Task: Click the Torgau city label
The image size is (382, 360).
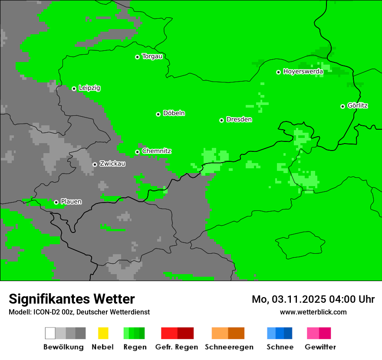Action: coord(152,56)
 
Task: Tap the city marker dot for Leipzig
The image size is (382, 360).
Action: coord(74,88)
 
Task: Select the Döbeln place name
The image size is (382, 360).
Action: coord(174,113)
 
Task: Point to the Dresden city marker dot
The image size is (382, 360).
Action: coord(221,120)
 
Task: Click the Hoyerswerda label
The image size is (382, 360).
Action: coord(303,71)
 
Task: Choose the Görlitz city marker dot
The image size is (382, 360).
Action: coord(342,106)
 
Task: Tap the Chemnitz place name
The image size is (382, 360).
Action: coord(156,151)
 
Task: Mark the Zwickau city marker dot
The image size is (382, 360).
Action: coord(95,164)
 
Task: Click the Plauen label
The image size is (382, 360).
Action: coord(71,202)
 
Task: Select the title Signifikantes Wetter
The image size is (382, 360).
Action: coord(72,299)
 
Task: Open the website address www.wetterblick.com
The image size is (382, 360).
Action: coord(313,312)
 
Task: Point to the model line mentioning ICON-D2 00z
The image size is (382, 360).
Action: coord(79,312)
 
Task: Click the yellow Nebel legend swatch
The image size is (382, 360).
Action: coord(103,333)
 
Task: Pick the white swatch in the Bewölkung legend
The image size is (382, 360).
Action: coord(50,333)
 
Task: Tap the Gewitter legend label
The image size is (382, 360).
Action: coord(320,347)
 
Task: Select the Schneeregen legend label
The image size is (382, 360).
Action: coord(229,347)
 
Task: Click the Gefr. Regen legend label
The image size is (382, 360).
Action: coord(177,347)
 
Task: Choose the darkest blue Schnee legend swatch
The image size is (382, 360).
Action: coord(288,333)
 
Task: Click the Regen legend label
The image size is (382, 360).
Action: coord(135,347)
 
